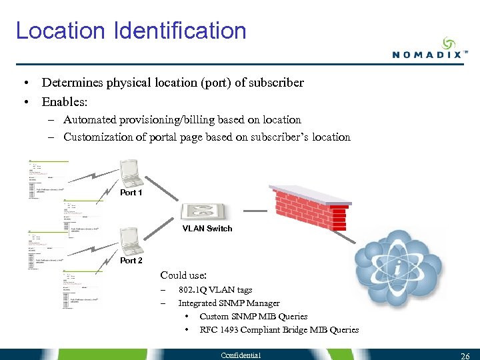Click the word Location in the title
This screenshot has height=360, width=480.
pyautogui.click(x=61, y=31)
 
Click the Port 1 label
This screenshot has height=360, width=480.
pyautogui.click(x=131, y=193)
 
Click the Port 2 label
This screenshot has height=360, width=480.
pyautogui.click(x=131, y=261)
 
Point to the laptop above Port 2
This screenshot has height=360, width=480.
pyautogui.click(x=129, y=241)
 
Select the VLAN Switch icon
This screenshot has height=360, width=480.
pyautogui.click(x=203, y=211)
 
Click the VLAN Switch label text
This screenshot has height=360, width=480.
pyautogui.click(x=208, y=229)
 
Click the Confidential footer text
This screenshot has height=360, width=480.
pyautogui.click(x=241, y=355)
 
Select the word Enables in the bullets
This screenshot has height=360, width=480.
pyautogui.click(x=64, y=102)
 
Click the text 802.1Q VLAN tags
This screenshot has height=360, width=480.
pyautogui.click(x=215, y=290)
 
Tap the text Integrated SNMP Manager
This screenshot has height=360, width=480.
pyautogui.click(x=229, y=303)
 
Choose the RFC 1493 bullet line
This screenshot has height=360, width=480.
pyautogui.click(x=279, y=329)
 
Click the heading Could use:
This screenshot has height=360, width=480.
pyautogui.click(x=183, y=275)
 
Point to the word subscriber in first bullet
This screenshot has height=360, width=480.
pyautogui.click(x=276, y=83)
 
